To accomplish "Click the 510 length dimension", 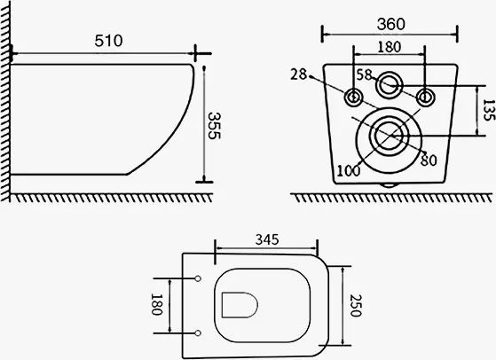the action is click(108, 41).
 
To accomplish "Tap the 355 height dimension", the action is click(214, 126).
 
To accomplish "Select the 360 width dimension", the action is click(391, 24).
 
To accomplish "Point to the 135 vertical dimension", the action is click(489, 110).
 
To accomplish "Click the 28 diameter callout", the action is click(299, 74).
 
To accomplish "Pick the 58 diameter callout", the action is click(365, 74).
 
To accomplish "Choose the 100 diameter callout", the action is click(349, 171).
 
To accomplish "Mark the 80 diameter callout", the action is click(429, 160).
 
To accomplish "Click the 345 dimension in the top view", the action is click(267, 239).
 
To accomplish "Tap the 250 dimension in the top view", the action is click(356, 305).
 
